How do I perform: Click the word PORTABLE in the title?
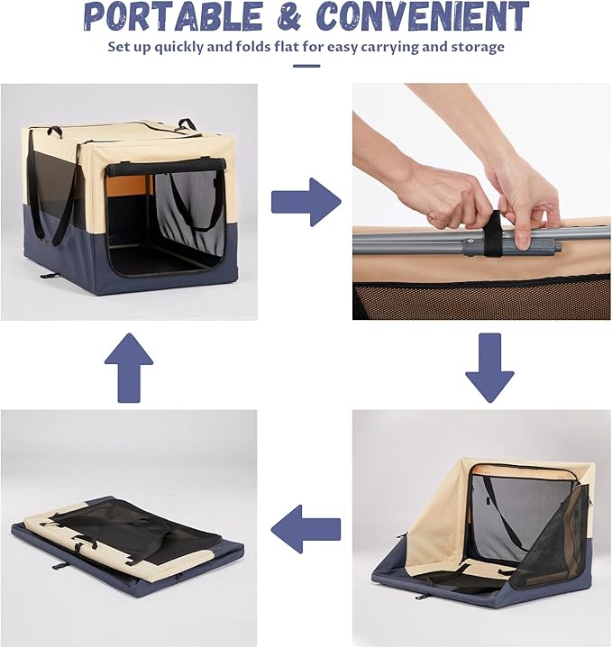point(173,16)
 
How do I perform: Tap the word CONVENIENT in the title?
point(423,16)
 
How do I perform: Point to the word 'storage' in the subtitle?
point(478,47)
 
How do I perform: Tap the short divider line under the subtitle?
point(306,66)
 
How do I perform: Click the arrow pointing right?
point(306,202)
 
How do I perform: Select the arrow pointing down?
point(489,368)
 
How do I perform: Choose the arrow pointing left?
point(306,529)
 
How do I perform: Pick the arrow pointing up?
point(129,368)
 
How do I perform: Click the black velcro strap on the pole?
point(492,233)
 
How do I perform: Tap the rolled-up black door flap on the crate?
point(167,168)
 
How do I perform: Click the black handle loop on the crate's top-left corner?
point(55,132)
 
